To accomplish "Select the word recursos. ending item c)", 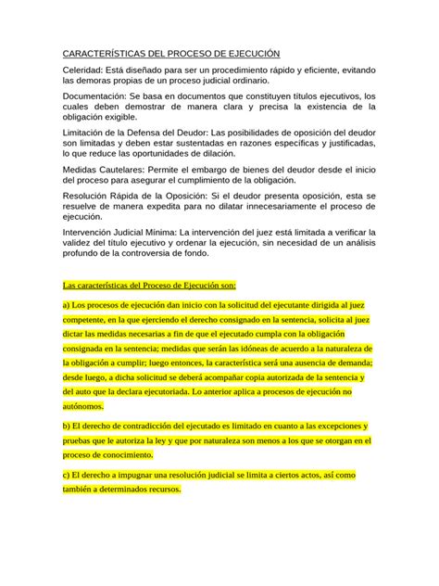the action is tap(160, 489).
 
